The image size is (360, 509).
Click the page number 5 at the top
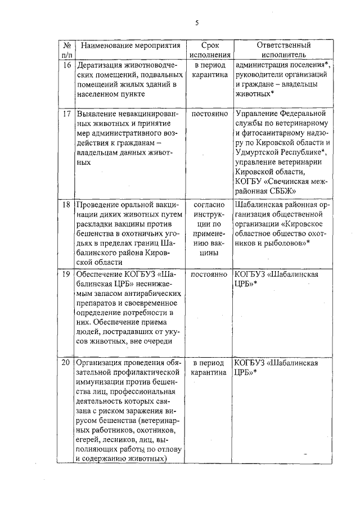197,23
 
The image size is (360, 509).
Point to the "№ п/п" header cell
66,50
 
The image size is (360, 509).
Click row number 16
66,64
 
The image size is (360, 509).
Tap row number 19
66,274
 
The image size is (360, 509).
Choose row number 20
66,363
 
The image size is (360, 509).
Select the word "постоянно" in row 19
209,274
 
